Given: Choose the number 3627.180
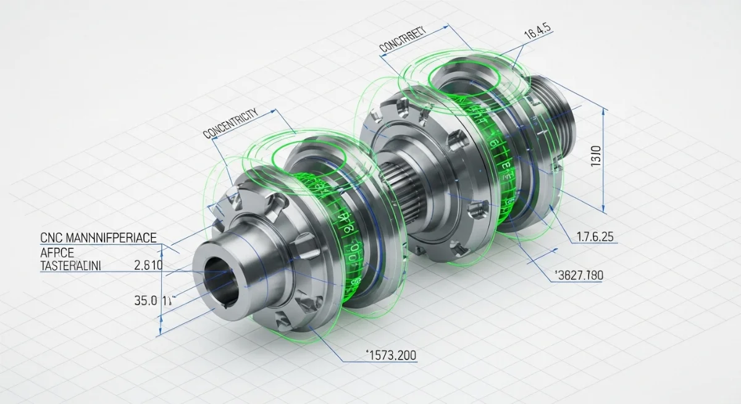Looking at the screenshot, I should [x=577, y=275].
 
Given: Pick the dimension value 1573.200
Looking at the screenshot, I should [x=391, y=355].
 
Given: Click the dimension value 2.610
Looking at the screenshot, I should [x=148, y=266].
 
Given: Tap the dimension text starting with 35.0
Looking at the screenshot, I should [x=151, y=301].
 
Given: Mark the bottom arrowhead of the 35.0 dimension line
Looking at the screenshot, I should [x=161, y=333].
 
